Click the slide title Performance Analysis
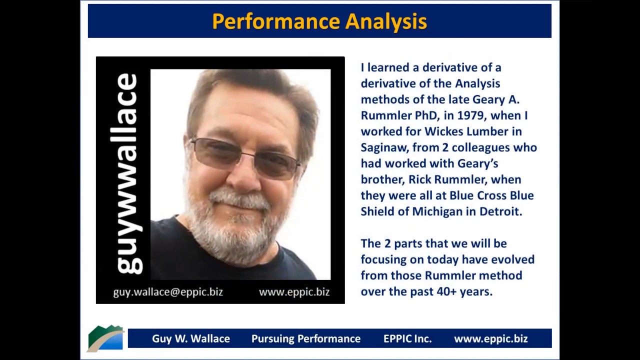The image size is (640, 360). point(319,21)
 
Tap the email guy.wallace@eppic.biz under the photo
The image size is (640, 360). point(168,292)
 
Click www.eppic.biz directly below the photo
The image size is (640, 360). point(294,292)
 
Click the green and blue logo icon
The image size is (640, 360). point(105,338)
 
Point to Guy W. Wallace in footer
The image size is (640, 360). point(191,338)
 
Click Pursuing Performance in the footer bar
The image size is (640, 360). point(306,338)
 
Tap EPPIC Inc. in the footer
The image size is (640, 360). point(407,338)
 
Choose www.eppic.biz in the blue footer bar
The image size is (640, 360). point(490,338)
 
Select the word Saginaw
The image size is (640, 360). point(379,147)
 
